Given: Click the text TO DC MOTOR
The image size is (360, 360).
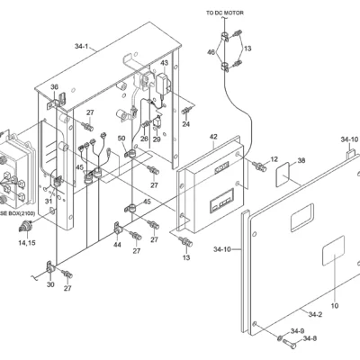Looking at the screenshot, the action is (x=225, y=13).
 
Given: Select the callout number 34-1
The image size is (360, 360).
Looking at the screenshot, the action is (x=82, y=46).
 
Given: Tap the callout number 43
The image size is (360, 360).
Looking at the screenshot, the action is (x=165, y=63).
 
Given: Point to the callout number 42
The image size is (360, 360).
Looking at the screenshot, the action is (x=213, y=137).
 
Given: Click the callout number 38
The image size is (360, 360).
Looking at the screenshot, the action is (x=301, y=160).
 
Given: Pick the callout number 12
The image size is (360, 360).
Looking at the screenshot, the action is (x=274, y=159).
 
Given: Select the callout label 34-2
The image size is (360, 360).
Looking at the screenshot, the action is (x=315, y=314).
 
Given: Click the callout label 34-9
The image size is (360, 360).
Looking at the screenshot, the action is (x=297, y=331).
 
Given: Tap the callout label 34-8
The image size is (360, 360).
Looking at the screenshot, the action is (x=310, y=338).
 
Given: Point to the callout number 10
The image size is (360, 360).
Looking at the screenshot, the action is (x=335, y=306).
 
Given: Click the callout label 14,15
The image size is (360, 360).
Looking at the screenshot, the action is (x=27, y=242).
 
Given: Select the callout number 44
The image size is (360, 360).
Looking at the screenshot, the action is (x=117, y=245).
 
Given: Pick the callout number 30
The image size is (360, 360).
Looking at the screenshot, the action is (x=50, y=284).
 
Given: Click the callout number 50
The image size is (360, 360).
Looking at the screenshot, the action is (x=121, y=138).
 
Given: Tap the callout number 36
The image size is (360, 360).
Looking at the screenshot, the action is (x=54, y=87).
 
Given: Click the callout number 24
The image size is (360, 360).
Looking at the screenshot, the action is (x=186, y=123).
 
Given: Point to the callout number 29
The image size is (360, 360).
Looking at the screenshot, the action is (x=157, y=139).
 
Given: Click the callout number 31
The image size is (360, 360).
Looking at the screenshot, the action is (x=49, y=201).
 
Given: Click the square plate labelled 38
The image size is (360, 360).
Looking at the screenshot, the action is (x=283, y=175).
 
